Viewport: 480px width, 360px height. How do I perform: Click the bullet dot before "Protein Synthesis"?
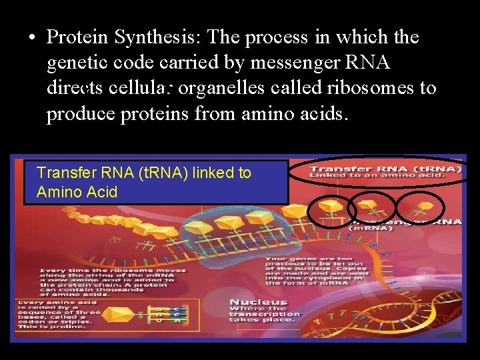32,38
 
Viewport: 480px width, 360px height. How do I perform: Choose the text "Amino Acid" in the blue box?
77,193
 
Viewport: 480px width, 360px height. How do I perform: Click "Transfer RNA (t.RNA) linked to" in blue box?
144,173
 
